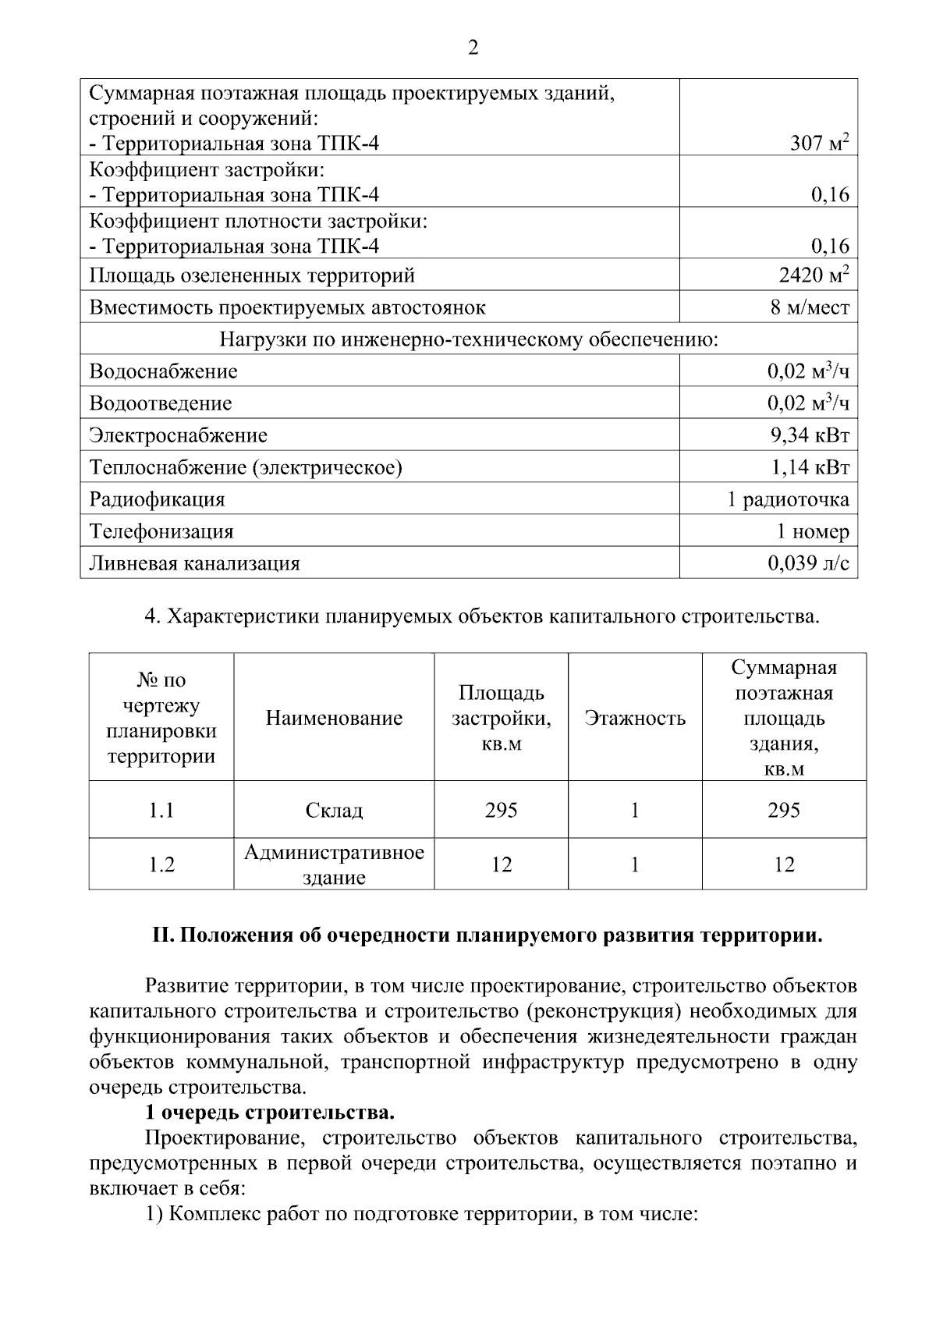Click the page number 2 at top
click(473, 48)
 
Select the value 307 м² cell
click(818, 143)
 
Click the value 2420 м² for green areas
click(814, 275)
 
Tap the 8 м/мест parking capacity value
click(810, 307)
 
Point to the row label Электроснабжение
click(178, 435)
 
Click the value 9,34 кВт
click(810, 435)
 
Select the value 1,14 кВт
click(810, 467)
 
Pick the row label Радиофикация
click(157, 499)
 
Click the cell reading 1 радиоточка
click(788, 499)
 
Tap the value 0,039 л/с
click(808, 563)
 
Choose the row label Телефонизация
click(161, 531)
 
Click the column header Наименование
click(334, 718)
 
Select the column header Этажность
click(635, 718)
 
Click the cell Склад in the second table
click(334, 811)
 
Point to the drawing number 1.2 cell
click(161, 864)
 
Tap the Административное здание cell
click(334, 864)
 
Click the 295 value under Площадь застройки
click(501, 811)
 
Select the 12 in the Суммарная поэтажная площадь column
click(784, 864)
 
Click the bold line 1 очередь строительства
click(271, 1112)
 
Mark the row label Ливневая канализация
click(194, 563)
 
